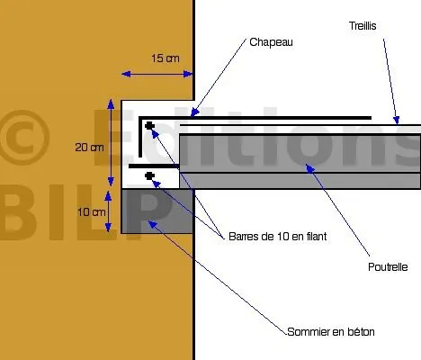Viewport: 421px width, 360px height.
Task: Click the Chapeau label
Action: (271, 42)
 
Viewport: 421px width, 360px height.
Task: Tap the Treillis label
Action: (363, 26)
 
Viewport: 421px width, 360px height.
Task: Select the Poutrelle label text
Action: (388, 267)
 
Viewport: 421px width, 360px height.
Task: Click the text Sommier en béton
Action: (331, 332)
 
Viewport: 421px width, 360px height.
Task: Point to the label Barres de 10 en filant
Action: (277, 237)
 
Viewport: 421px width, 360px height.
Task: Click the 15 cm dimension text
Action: (166, 58)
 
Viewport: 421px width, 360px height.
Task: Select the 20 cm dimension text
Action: (89, 148)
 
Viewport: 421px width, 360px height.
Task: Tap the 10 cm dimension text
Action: (92, 212)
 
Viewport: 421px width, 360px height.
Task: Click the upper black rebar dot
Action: (149, 126)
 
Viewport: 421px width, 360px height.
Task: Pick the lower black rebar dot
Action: (149, 176)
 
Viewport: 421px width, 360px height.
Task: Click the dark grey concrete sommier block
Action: (157, 211)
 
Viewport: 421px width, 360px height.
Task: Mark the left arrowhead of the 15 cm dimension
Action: (126, 74)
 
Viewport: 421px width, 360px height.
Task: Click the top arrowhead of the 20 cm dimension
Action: (111, 103)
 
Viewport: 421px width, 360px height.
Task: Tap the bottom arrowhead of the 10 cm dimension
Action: (108, 227)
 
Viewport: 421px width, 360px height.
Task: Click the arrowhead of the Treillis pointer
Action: (397, 120)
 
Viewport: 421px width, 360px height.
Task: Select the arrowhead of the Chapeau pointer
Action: (194, 112)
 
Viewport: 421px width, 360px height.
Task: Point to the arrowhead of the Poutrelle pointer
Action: (309, 168)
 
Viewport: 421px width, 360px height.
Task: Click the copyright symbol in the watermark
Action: (24, 138)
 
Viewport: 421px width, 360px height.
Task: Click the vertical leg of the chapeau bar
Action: (140, 137)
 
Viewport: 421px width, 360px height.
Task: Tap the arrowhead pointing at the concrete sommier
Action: (153, 224)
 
